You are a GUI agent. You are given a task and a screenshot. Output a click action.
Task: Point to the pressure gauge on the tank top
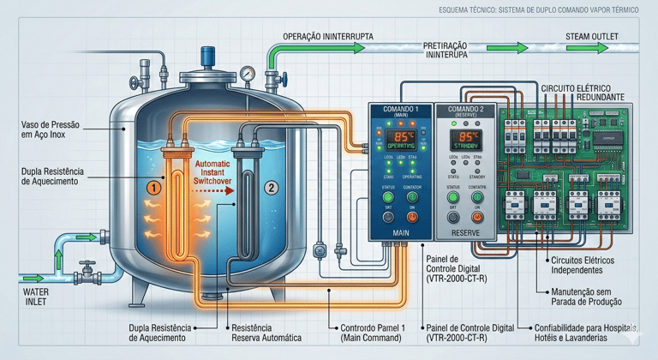click(248, 75)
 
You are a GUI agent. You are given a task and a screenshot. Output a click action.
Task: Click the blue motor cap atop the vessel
click(209, 57)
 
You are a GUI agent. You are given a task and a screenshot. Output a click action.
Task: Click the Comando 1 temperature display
click(401, 138)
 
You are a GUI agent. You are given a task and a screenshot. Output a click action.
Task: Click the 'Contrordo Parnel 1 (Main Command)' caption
click(374, 333)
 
